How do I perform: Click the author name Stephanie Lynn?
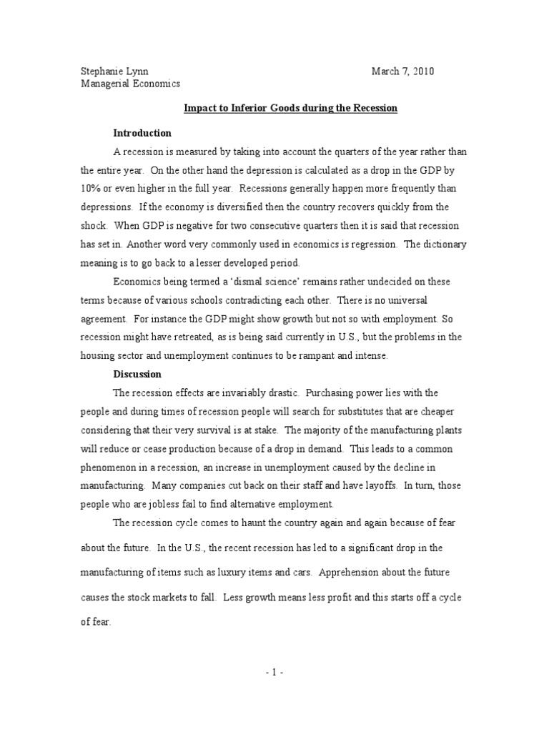coord(114,71)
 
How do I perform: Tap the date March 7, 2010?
coord(402,71)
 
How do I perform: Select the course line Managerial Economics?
coord(130,84)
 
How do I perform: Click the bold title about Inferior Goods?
coord(290,108)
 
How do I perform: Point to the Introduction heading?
coord(142,133)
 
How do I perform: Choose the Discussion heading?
coord(137,374)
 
